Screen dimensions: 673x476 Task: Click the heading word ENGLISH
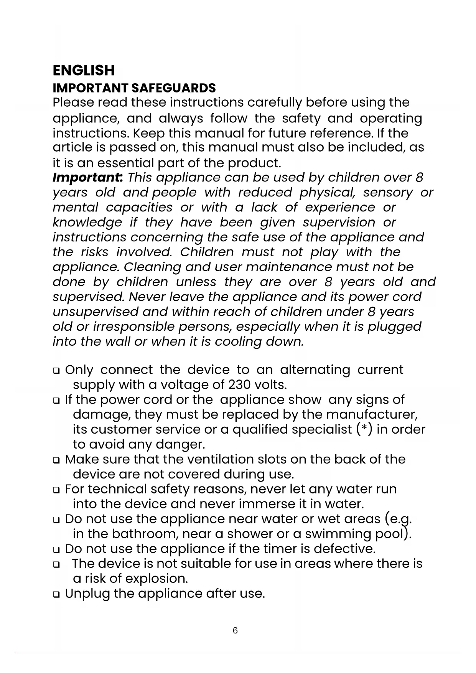[x=83, y=71]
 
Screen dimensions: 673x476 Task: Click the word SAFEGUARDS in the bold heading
[x=173, y=88]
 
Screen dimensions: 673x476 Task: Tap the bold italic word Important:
[x=88, y=178]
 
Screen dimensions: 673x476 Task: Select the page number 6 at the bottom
[x=235, y=630]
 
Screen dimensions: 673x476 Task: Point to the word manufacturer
[x=372, y=414]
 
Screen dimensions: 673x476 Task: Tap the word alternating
[x=315, y=370]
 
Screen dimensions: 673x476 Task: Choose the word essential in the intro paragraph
[x=125, y=163]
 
